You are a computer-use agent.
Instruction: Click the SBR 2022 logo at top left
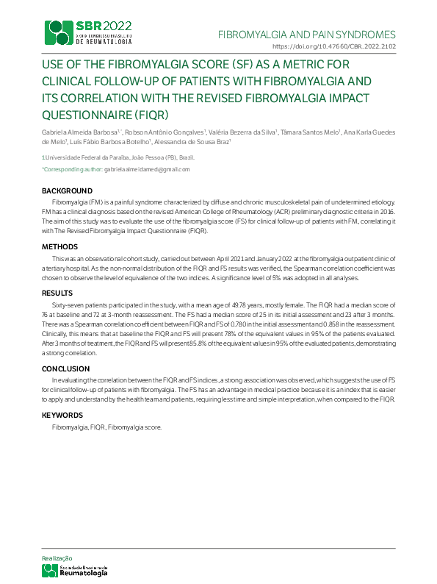[89, 31]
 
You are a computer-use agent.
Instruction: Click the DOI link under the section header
[344, 46]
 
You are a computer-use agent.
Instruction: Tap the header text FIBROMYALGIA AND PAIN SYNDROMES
[307, 35]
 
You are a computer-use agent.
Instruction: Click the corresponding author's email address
[147, 169]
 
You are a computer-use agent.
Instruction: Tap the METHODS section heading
[59, 246]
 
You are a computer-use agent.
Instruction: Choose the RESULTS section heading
[58, 293]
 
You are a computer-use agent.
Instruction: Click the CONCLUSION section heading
[65, 368]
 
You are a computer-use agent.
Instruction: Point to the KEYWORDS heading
[62, 416]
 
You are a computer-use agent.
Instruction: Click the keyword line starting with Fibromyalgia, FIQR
[106, 427]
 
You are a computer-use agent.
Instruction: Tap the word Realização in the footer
[57, 559]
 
